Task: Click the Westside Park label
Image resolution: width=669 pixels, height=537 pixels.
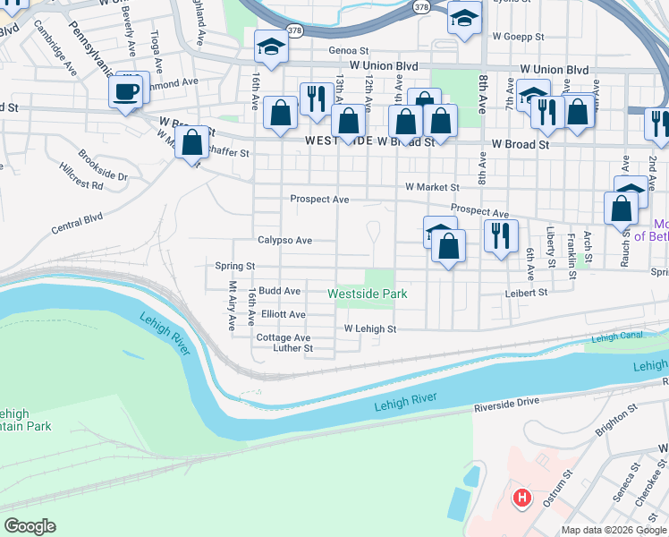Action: coord(367,294)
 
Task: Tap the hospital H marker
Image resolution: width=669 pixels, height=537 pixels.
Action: coord(520,497)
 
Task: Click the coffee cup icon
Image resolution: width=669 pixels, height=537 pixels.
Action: coord(127,90)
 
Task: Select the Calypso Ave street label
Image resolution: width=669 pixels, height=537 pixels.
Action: coord(284,240)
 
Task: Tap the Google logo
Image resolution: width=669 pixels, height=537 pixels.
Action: coord(30,526)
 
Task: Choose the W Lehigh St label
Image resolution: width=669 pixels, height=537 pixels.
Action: coord(370,329)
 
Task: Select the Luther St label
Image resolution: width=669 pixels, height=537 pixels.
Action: coord(292,348)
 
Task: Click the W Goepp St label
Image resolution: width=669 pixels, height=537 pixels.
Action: coord(518,37)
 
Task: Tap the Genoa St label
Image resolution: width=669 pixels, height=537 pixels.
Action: coord(348,51)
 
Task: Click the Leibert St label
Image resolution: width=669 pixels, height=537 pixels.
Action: coord(525,292)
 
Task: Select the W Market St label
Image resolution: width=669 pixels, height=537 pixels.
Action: coord(431,188)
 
